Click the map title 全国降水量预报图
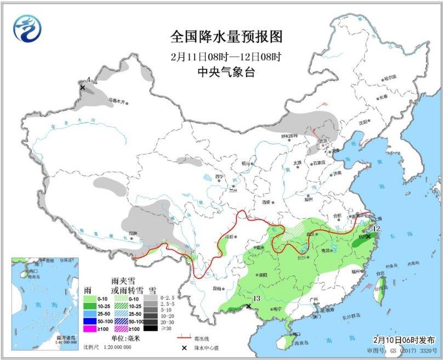(x=226, y=37)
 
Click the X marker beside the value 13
(x=249, y=306)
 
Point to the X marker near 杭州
(x=368, y=236)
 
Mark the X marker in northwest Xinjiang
(x=83, y=87)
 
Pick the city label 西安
(x=266, y=202)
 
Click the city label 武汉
(x=313, y=234)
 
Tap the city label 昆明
(x=217, y=288)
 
